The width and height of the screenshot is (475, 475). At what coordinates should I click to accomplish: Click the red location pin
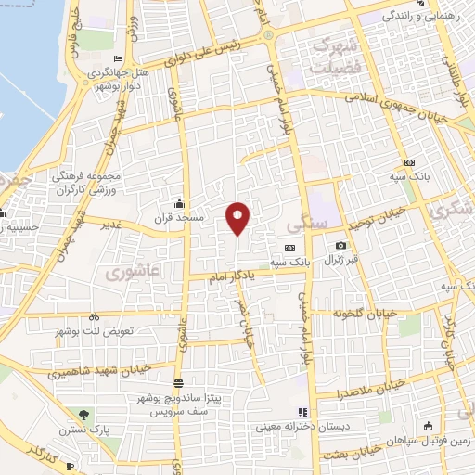(x=238, y=218)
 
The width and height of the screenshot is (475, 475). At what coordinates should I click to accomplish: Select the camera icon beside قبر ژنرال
(x=340, y=245)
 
